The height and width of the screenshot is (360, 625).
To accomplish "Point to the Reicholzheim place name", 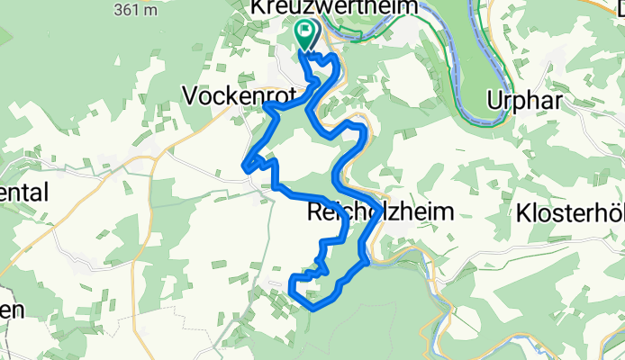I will pyautogui.click(x=377, y=213).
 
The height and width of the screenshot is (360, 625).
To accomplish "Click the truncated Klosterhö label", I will pyautogui.click(x=570, y=213).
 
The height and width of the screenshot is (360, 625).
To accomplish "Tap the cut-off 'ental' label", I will pyautogui.click(x=27, y=194).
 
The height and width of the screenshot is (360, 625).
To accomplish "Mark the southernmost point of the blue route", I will pyautogui.click(x=312, y=308).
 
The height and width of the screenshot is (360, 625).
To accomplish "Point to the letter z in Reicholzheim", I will pyautogui.click(x=394, y=213).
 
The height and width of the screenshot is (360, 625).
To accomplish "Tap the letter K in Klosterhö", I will pyautogui.click(x=523, y=213).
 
